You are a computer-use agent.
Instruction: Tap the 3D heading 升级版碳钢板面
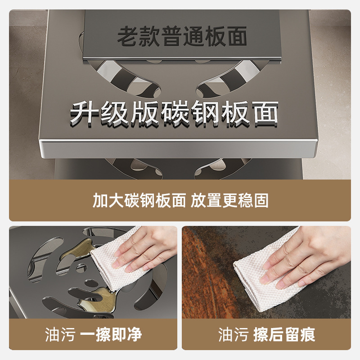point(174,112)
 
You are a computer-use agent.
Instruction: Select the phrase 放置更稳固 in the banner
point(229,200)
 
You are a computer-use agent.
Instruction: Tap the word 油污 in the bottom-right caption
point(233,334)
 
